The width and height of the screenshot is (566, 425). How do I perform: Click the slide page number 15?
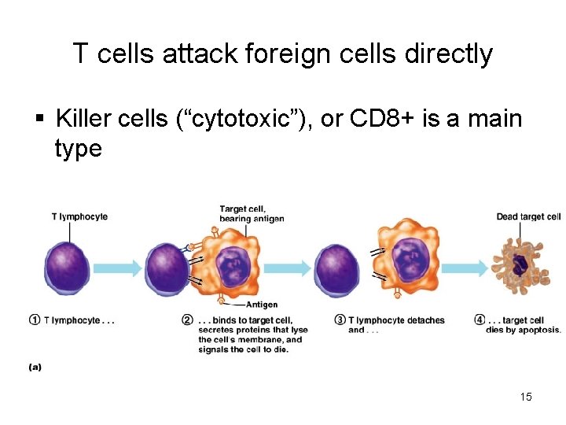pyautogui.click(x=526, y=397)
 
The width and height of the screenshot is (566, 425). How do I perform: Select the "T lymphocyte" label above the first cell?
pyautogui.click(x=79, y=216)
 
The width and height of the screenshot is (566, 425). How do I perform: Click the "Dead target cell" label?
pyautogui.click(x=528, y=216)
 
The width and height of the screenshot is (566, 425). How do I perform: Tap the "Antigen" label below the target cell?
pyautogui.click(x=262, y=305)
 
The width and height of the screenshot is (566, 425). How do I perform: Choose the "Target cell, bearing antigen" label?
pyautogui.click(x=252, y=213)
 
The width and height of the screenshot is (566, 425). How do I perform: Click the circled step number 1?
pyautogui.click(x=35, y=320)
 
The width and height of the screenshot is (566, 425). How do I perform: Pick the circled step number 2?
pyautogui.click(x=187, y=320)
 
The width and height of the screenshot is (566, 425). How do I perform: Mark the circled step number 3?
pyautogui.click(x=340, y=320)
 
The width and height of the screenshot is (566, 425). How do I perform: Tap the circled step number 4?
pyautogui.click(x=480, y=320)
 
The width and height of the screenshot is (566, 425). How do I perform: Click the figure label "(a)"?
pyautogui.click(x=35, y=366)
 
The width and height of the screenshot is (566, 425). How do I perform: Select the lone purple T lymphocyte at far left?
pyautogui.click(x=67, y=268)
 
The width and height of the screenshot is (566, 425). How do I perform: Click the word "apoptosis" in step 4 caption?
pyautogui.click(x=539, y=331)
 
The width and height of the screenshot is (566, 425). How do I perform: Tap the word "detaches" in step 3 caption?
pyautogui.click(x=424, y=320)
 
